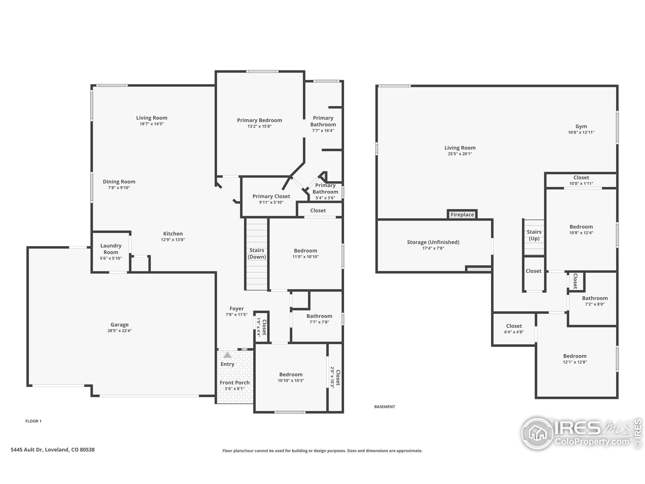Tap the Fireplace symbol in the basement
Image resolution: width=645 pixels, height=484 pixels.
pyautogui.click(x=462, y=215)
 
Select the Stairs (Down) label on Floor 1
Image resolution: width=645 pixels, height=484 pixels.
pyautogui.click(x=256, y=254)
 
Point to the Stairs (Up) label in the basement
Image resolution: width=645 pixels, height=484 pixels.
pyautogui.click(x=534, y=235)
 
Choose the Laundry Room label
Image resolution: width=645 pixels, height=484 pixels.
pyautogui.click(x=111, y=249)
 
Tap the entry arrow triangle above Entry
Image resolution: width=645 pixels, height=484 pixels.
pyautogui.click(x=228, y=355)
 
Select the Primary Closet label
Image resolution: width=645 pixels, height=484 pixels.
pyautogui.click(x=271, y=196)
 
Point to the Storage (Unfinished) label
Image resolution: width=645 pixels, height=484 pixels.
pyautogui.click(x=433, y=242)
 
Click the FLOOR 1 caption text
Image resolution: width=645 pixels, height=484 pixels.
pyautogui.click(x=33, y=421)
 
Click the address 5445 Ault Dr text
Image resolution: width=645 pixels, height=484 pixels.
pyautogui.click(x=52, y=449)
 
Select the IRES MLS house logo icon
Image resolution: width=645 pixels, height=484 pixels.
pyautogui.click(x=537, y=433)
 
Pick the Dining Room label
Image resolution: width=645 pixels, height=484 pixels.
pyautogui.click(x=119, y=182)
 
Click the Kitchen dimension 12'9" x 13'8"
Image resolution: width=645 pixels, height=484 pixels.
pyautogui.click(x=173, y=240)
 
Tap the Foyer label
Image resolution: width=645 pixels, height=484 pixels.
pyautogui.click(x=237, y=309)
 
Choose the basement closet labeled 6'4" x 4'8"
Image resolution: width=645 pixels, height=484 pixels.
pyautogui.click(x=514, y=328)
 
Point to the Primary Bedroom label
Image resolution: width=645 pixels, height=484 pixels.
pyautogui.click(x=259, y=120)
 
